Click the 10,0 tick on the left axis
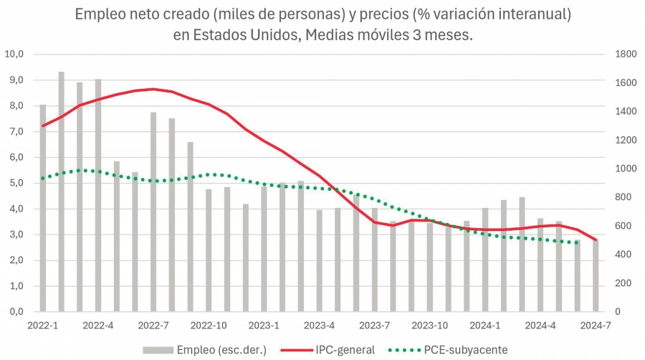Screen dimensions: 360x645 click(x=15, y=54)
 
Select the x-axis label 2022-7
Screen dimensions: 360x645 click(x=153, y=325)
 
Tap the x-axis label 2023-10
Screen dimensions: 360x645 click(x=430, y=325)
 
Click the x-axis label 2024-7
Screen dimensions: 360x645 click(x=596, y=325)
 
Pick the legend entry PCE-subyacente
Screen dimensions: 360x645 click(x=467, y=349)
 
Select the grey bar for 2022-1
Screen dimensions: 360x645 click(x=43, y=208)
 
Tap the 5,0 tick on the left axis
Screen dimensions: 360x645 click(x=15, y=183)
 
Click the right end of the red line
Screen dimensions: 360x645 click(x=596, y=240)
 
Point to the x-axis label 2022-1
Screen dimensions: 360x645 click(x=43, y=325)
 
